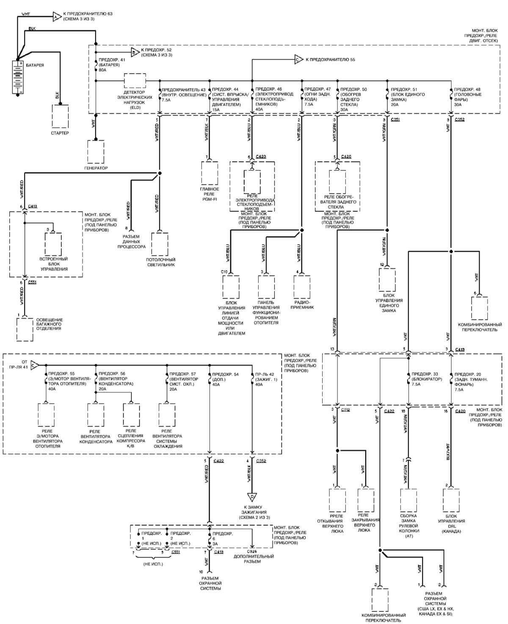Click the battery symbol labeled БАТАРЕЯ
click(x=17, y=77)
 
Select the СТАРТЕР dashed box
click(x=60, y=116)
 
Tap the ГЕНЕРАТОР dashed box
click(x=95, y=152)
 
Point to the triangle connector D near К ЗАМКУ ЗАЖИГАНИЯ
click(x=252, y=497)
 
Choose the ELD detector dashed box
click(x=135, y=80)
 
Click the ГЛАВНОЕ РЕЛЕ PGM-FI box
click(x=209, y=172)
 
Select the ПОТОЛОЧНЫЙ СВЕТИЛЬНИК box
click(x=160, y=244)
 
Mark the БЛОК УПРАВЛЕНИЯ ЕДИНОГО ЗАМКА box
click(x=387, y=280)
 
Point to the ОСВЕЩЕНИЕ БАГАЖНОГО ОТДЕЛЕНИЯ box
click(x=25, y=329)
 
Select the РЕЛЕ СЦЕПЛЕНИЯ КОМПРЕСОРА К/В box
click(x=131, y=414)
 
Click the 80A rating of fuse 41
click(x=102, y=70)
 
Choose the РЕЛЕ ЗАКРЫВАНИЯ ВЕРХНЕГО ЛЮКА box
click(x=366, y=501)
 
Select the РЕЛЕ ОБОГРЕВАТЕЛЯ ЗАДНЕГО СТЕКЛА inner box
click(x=337, y=182)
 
